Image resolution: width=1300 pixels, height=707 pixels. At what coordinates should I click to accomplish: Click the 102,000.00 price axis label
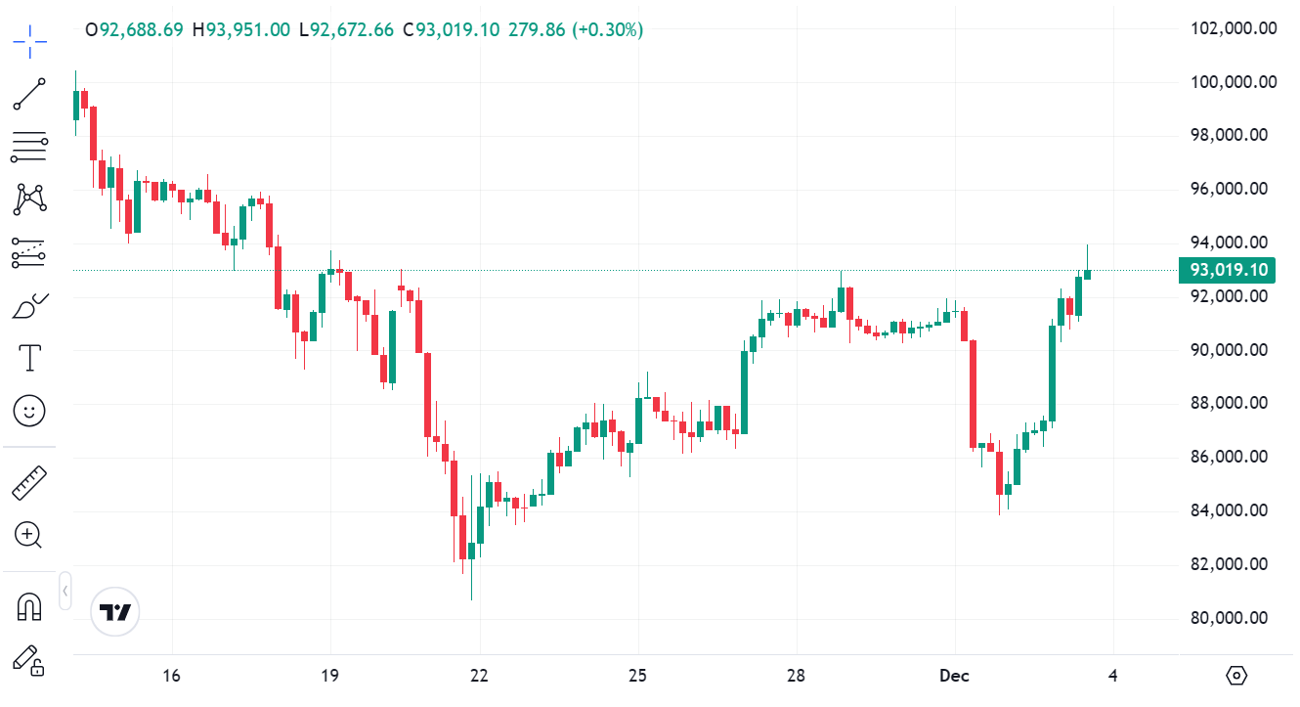pyautogui.click(x=1234, y=28)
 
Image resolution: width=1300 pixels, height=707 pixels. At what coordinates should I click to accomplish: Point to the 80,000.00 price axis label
pyautogui.click(x=1234, y=618)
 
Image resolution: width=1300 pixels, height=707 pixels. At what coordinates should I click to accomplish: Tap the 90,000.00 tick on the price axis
pyautogui.click(x=1234, y=350)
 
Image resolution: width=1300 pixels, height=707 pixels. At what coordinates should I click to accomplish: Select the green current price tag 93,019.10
pyautogui.click(x=1228, y=271)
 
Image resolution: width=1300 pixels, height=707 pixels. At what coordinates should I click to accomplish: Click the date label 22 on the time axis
pyautogui.click(x=479, y=676)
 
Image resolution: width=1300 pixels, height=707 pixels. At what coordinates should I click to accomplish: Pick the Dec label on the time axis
pyautogui.click(x=954, y=676)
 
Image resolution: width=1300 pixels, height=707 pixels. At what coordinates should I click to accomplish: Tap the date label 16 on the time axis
pyautogui.click(x=172, y=676)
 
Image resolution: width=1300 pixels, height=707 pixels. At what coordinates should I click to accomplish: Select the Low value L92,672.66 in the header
pyautogui.click(x=346, y=29)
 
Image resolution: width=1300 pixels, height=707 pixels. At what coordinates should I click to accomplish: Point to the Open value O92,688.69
pyautogui.click(x=134, y=29)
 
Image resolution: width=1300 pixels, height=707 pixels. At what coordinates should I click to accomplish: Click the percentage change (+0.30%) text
pyautogui.click(x=608, y=29)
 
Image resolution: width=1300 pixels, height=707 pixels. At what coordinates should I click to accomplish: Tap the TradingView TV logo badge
pyautogui.click(x=115, y=613)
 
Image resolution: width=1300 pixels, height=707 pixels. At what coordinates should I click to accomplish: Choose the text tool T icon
pyautogui.click(x=29, y=358)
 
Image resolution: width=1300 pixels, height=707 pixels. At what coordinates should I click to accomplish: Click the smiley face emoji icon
pyautogui.click(x=29, y=411)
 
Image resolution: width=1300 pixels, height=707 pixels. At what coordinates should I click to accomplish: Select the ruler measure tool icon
pyautogui.click(x=29, y=482)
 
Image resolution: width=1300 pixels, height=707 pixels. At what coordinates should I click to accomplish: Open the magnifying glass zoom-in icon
pyautogui.click(x=28, y=535)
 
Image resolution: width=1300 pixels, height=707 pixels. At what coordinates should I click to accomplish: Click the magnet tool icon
pyautogui.click(x=29, y=607)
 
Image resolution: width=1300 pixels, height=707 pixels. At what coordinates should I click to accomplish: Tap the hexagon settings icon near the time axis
pyautogui.click(x=1237, y=676)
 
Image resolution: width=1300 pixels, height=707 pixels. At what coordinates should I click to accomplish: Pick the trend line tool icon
pyautogui.click(x=29, y=94)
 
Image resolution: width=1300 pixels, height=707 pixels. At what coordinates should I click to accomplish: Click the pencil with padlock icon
pyautogui.click(x=29, y=660)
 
